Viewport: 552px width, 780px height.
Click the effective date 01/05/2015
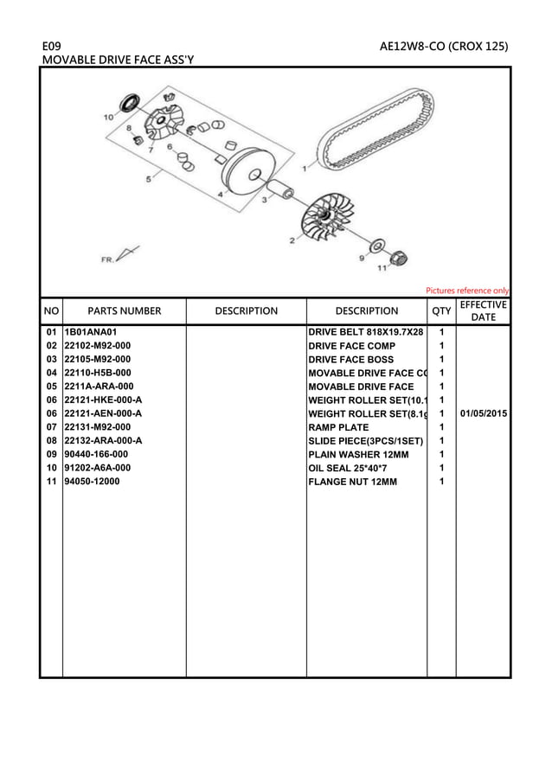click(484, 413)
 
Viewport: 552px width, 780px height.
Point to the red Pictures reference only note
click(467, 291)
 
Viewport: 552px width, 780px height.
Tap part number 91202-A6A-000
click(98, 468)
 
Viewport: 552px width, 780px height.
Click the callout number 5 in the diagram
click(148, 179)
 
